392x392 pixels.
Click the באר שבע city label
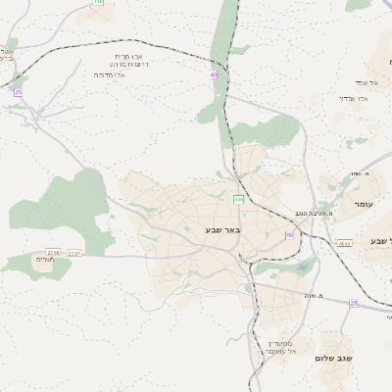coord(203,229)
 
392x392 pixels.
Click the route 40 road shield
coord(213,73)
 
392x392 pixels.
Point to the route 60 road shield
coord(290,235)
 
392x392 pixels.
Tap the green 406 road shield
coord(238,200)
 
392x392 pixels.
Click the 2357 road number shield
coord(75,253)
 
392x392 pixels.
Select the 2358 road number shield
coord(53,253)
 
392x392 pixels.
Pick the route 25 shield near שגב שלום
coord(354,303)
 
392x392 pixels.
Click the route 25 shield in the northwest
coord(18,93)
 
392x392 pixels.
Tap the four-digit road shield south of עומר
coord(344,242)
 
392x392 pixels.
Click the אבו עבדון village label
coord(351,97)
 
